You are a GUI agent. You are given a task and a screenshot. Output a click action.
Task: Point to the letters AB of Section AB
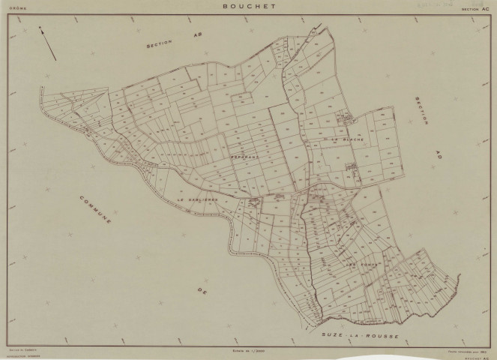coord(197,35)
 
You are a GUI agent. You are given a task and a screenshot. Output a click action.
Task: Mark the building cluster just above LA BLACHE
coord(346,118)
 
